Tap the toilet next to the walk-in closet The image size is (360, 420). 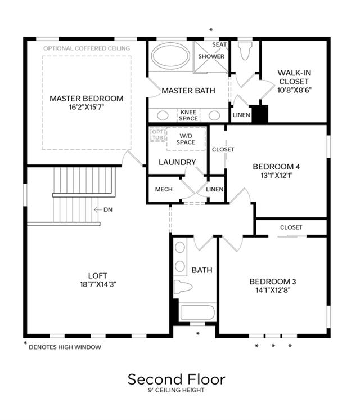click(x=245, y=50)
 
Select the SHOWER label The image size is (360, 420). click(x=211, y=56)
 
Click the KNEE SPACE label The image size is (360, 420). click(x=188, y=115)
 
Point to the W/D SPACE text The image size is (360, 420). click(x=186, y=139)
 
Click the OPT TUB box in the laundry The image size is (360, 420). click(x=157, y=135)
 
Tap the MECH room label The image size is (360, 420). click(x=164, y=189)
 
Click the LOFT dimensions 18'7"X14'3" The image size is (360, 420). click(x=98, y=284)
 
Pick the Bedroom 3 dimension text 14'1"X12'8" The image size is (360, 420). click(x=273, y=290)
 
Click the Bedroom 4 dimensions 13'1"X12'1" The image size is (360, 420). click(x=277, y=176)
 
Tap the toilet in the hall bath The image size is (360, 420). click(x=183, y=287)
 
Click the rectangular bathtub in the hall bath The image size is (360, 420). click(x=198, y=312)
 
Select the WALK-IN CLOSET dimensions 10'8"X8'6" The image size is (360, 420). click(x=294, y=90)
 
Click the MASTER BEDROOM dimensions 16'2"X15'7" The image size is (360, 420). click(x=86, y=107)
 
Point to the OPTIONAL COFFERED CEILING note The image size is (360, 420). click(x=87, y=48)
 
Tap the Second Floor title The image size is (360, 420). click(x=177, y=379)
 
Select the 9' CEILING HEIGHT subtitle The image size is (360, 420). click(x=177, y=390)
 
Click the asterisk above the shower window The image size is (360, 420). click(x=211, y=30)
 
